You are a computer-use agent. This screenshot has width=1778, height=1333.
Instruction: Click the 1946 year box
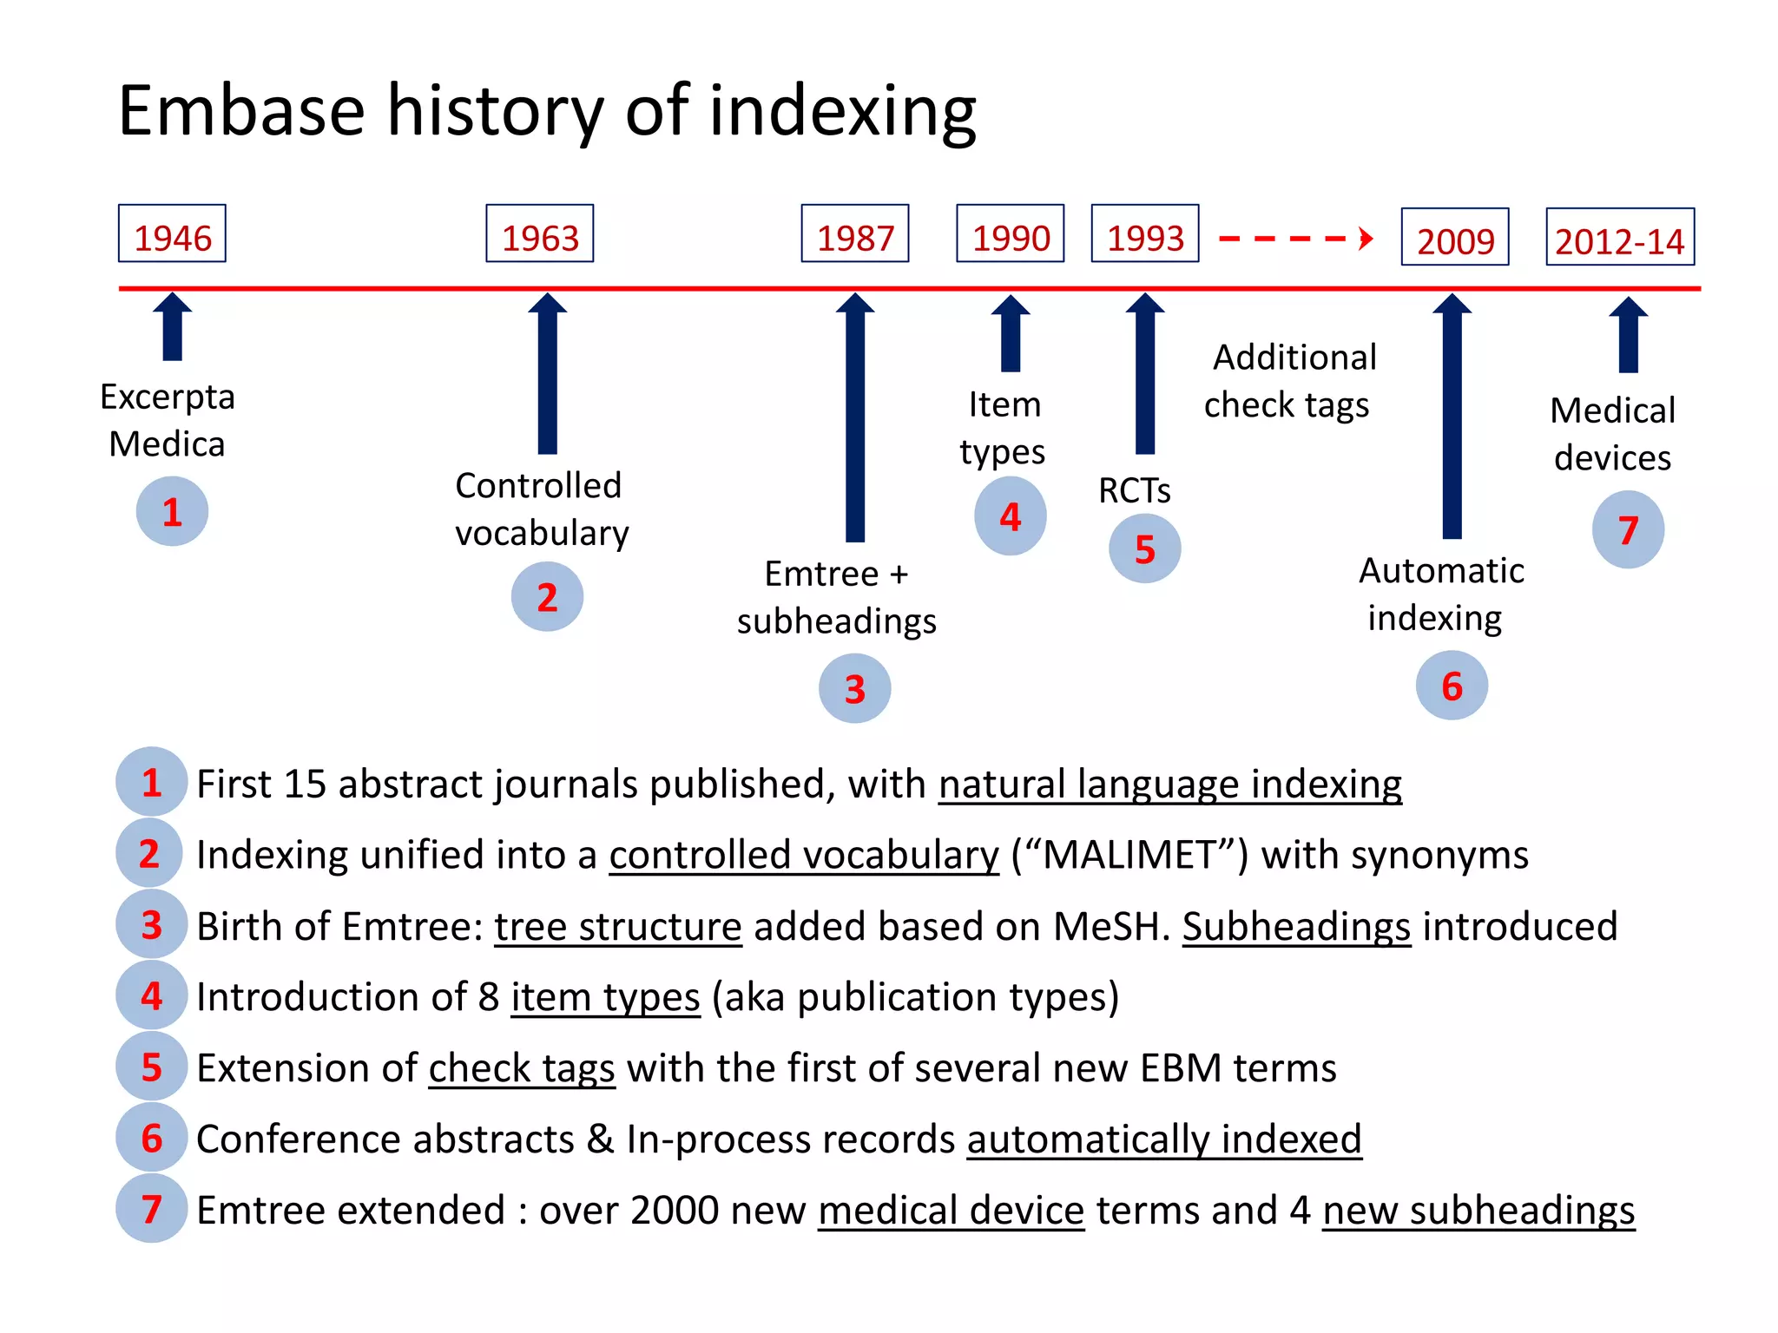pos(172,234)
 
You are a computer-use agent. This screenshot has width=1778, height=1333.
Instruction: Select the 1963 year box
pos(539,234)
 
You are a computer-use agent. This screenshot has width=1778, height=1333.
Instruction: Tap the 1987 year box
pos(854,234)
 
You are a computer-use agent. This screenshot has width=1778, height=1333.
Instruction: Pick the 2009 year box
pos(1454,238)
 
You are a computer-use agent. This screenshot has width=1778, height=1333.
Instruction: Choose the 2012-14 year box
pos(1619,238)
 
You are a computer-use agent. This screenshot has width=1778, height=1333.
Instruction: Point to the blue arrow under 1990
pos(1010,334)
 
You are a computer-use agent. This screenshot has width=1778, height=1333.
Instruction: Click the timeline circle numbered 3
pos(854,689)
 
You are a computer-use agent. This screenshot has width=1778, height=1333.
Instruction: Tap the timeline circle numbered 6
pos(1451,686)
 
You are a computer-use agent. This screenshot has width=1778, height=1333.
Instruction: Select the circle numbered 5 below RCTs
pos(1144,549)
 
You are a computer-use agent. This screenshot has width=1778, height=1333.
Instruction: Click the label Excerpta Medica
pos(167,420)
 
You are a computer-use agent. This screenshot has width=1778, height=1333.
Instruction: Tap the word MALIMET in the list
pos(1129,856)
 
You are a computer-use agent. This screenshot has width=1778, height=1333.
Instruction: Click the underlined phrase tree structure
pos(617,927)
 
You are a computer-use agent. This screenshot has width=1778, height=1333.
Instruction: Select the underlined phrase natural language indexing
pos(1169,785)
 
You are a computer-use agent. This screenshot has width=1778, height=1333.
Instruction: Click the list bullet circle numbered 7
pos(151,1210)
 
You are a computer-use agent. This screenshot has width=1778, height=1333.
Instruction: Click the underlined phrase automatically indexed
pos(1163,1139)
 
